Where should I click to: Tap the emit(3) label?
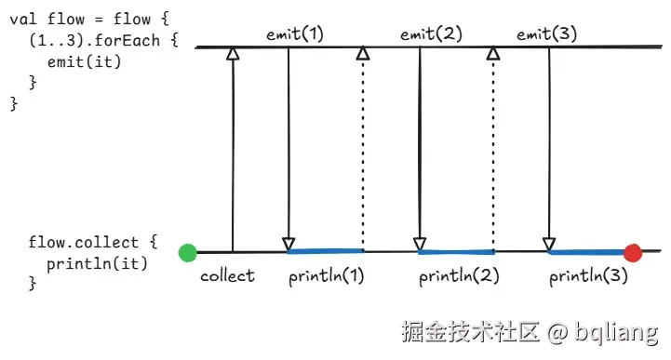pyautogui.click(x=546, y=35)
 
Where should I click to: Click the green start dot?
pyautogui.click(x=188, y=252)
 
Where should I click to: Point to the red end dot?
pyautogui.click(x=633, y=252)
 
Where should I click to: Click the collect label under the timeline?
pyautogui.click(x=227, y=275)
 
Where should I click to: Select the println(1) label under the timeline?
pyautogui.click(x=326, y=276)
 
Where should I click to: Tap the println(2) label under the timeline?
pyautogui.click(x=456, y=276)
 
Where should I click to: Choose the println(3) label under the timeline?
pyautogui.click(x=587, y=276)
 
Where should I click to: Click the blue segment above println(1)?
pyautogui.click(x=326, y=251)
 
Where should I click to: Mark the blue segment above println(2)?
pyautogui.click(x=456, y=251)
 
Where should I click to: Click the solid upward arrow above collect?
pyautogui.click(x=233, y=149)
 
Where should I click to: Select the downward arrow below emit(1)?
pyautogui.click(x=289, y=149)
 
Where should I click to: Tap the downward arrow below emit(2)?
pyautogui.click(x=420, y=149)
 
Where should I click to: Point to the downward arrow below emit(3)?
pyautogui.click(x=549, y=149)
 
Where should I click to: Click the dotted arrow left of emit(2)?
pyautogui.click(x=363, y=149)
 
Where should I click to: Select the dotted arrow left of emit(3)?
pyautogui.click(x=493, y=149)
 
